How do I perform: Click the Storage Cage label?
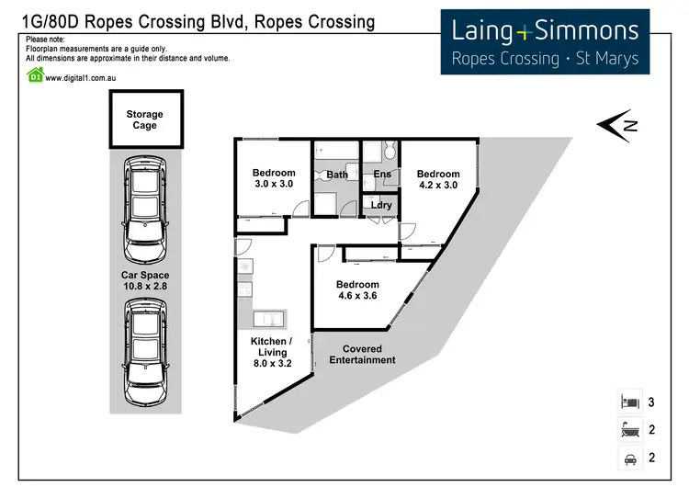tap(144, 120)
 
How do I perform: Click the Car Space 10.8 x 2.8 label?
tap(144, 280)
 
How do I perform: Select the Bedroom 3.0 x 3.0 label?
tap(274, 178)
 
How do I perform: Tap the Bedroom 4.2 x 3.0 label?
tap(437, 180)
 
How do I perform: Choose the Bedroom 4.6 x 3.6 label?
tap(357, 290)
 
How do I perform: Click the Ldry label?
tap(381, 205)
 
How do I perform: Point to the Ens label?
tap(383, 175)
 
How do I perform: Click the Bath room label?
tap(336, 175)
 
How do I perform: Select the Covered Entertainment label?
tap(362, 355)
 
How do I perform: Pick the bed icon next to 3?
tap(629, 402)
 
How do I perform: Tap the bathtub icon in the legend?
tap(629, 428)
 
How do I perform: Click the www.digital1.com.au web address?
tap(85, 77)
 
